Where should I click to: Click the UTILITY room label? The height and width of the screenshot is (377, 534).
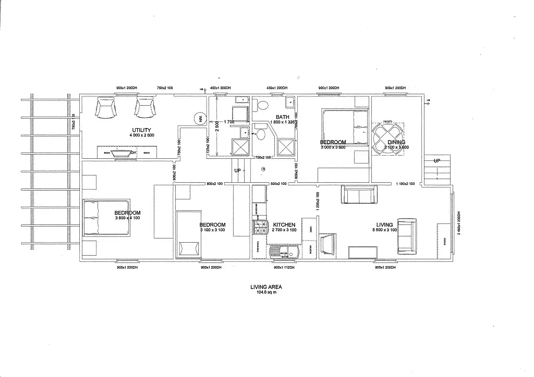pyautogui.click(x=142, y=130)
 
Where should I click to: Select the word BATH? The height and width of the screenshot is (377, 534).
pyautogui.click(x=283, y=117)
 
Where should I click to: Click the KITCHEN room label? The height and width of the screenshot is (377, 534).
pyautogui.click(x=284, y=225)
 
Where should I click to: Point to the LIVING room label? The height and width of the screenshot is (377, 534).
pyautogui.click(x=385, y=225)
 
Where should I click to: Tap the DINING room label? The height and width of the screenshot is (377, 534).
pyautogui.click(x=396, y=142)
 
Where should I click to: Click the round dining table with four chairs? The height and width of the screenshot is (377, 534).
pyautogui.click(x=388, y=137)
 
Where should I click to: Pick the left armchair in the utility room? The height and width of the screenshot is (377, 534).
pyautogui.click(x=106, y=108)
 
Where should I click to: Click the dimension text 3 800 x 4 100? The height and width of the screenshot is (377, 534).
pyautogui.click(x=128, y=218)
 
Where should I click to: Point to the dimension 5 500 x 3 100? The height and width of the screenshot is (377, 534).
pyautogui.click(x=385, y=230)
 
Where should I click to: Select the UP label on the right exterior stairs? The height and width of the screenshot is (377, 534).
pyautogui.click(x=437, y=161)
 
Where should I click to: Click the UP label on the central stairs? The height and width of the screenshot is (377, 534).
pyautogui.click(x=238, y=171)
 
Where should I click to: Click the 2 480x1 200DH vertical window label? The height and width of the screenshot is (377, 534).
pyautogui.click(x=459, y=223)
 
